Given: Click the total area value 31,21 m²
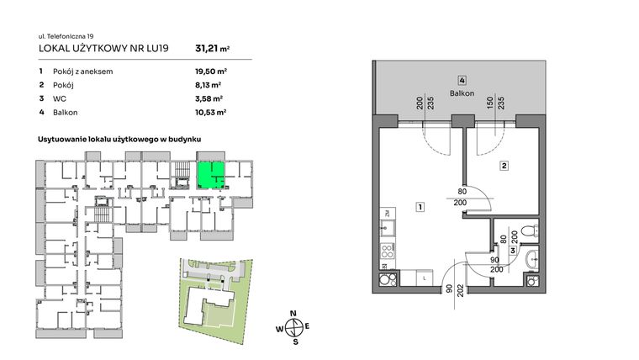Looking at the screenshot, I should (212, 49).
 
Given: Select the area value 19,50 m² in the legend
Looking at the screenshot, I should (208, 72).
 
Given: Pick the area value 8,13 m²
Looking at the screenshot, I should (206, 85).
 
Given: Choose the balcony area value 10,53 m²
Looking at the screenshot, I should (208, 110).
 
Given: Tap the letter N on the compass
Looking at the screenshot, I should (293, 313).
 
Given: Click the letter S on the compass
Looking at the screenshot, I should (293, 342).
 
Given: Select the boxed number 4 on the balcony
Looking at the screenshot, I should (462, 81).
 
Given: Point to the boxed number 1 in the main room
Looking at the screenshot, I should (419, 207).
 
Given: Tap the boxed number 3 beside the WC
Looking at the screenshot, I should (512, 251).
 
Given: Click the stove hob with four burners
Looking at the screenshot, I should (388, 250).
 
